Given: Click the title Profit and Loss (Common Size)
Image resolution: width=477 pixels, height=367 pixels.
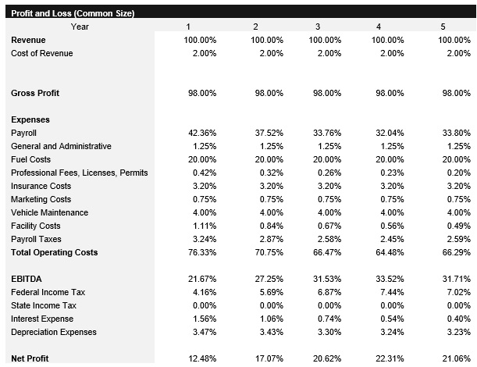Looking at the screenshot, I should (72, 13).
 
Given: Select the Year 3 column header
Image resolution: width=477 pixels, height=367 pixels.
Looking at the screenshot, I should (318, 27).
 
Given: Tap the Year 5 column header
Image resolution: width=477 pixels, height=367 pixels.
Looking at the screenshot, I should (443, 27).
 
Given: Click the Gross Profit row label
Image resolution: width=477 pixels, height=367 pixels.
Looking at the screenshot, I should (35, 93).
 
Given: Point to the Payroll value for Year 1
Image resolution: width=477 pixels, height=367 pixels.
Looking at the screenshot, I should (202, 133).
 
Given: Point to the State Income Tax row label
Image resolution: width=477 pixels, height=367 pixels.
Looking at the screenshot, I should (44, 305).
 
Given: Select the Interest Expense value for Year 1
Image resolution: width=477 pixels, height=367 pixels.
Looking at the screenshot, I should (204, 319).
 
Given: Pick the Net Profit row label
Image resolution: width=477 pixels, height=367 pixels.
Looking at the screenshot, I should (30, 358).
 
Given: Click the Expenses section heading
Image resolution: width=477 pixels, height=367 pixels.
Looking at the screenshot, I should (30, 119).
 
